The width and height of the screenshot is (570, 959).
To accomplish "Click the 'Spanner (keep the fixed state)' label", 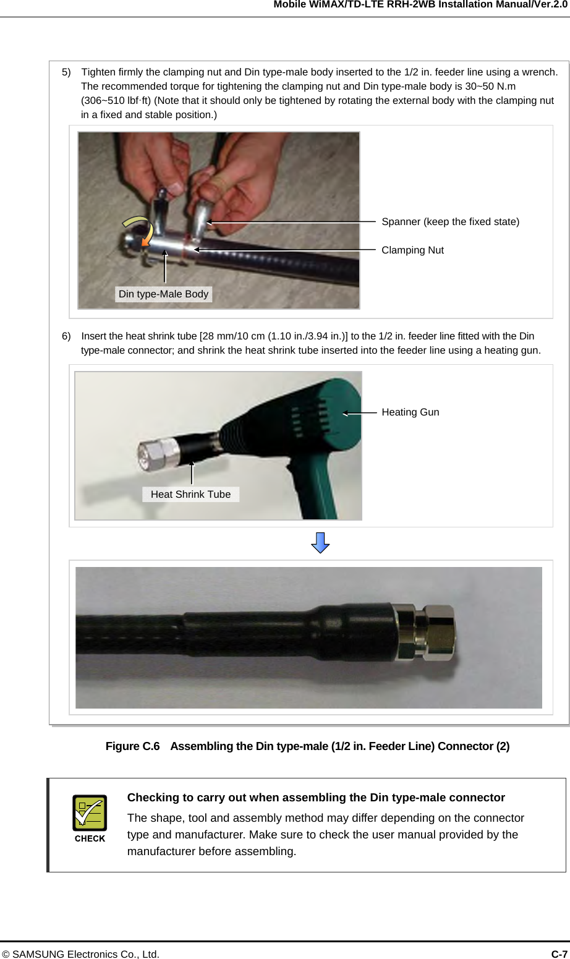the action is coord(450,222).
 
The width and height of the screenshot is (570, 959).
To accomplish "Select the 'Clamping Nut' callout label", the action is coord(412,250).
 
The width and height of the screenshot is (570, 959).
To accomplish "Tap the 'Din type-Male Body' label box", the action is coord(163,294).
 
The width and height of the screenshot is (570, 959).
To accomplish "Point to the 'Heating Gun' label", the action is coord(410,412).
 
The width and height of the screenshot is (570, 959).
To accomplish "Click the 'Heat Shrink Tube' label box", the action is coord(190,494).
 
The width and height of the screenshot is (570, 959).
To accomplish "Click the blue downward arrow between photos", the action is coord(320,542).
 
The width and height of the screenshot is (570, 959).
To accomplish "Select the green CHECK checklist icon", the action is coord(90,812).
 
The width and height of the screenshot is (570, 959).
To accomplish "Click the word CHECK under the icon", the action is coord(90,838).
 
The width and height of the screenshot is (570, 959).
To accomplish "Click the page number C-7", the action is coord(559,954).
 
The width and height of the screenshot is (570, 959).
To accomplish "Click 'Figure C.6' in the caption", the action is coord(133,746).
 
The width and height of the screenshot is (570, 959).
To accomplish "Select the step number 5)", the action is coord(66,72).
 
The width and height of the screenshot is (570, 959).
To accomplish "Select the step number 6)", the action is coord(66,336).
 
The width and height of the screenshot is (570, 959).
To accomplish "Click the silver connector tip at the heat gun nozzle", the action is coord(158,453).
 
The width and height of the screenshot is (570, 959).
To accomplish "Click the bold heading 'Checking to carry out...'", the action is coord(316,797).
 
